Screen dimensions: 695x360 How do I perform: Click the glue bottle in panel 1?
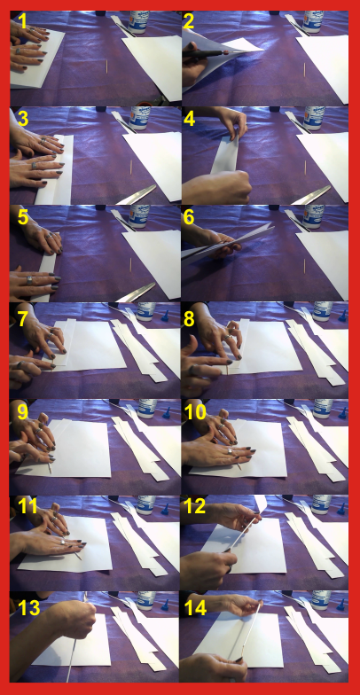(139, 20)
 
